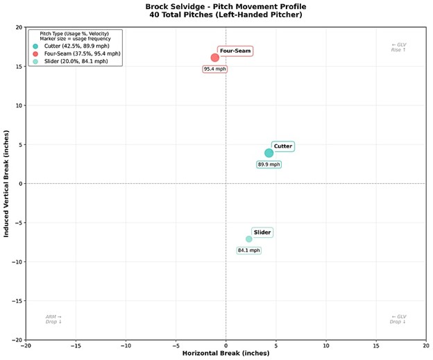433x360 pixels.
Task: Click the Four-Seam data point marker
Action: click(215, 58)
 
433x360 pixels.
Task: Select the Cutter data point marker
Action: click(269, 153)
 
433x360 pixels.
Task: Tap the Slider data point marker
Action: click(249, 239)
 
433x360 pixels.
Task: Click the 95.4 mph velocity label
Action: click(215, 69)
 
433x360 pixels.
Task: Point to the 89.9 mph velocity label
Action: click(269, 165)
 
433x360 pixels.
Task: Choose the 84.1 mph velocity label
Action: click(248, 250)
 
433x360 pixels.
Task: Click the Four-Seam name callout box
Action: click(235, 51)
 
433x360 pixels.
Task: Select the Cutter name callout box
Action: click(283, 146)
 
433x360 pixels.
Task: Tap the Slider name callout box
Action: click(262, 232)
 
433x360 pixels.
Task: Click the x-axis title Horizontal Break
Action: click(226, 354)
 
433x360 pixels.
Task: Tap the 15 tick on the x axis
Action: click(376, 345)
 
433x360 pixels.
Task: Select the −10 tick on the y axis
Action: click(17, 262)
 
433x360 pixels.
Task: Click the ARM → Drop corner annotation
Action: click(53, 319)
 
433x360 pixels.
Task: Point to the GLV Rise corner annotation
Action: click(398, 47)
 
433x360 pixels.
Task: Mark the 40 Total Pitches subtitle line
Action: click(216, 15)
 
